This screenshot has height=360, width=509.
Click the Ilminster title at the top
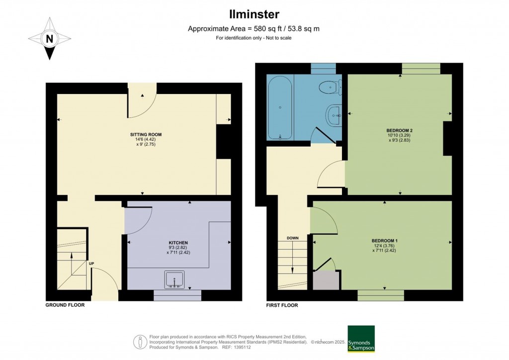coord(254,14)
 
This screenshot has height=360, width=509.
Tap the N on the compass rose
coord(49,38)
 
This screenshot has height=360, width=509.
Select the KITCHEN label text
coord(178,243)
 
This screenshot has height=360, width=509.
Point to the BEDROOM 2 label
coord(400,130)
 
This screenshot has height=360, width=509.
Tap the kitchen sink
coord(174,280)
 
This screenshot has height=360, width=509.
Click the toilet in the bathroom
coord(330,88)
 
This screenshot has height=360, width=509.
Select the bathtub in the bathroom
coord(280,107)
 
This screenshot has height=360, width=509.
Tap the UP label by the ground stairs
coord(91,264)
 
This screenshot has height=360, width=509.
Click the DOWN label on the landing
coord(292,238)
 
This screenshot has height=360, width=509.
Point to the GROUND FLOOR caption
coord(65,305)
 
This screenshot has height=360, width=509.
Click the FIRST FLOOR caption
coord(278,305)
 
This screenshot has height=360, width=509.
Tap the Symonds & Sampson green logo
coord(361,339)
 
